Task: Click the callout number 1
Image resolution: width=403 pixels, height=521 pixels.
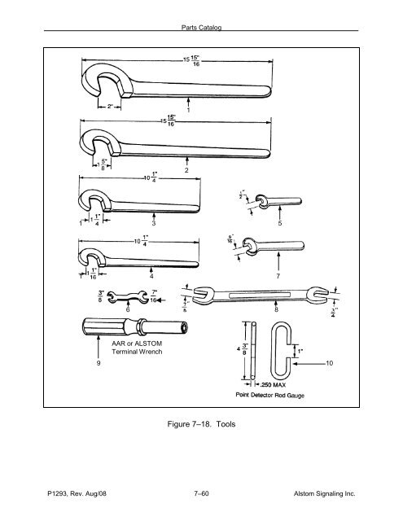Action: click(x=188, y=110)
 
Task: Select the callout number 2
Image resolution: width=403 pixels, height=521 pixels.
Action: click(x=186, y=171)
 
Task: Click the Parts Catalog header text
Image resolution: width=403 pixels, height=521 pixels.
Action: click(x=201, y=27)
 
